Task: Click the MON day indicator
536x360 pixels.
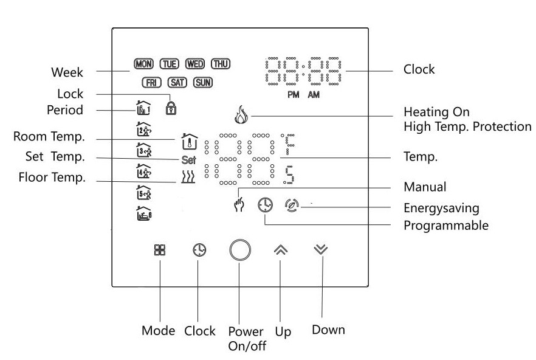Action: click(x=143, y=63)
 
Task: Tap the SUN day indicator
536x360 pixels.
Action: click(x=202, y=82)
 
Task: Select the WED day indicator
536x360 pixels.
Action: click(x=195, y=63)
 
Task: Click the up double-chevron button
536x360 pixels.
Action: click(x=280, y=249)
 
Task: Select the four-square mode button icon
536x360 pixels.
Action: click(x=160, y=250)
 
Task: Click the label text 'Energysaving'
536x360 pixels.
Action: click(x=441, y=209)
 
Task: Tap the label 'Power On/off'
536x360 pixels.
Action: click(x=246, y=339)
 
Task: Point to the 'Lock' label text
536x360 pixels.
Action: click(x=70, y=94)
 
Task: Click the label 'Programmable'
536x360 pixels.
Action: click(x=446, y=226)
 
